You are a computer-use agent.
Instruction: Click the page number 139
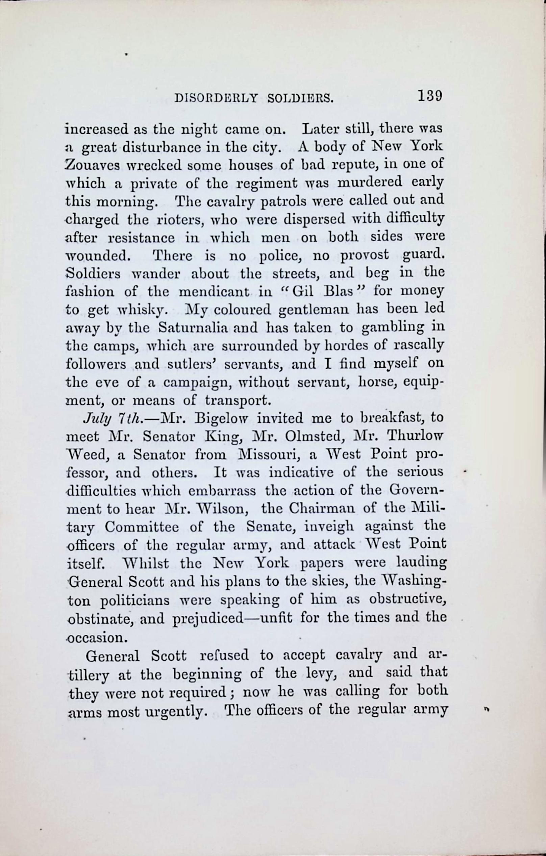(429, 96)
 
